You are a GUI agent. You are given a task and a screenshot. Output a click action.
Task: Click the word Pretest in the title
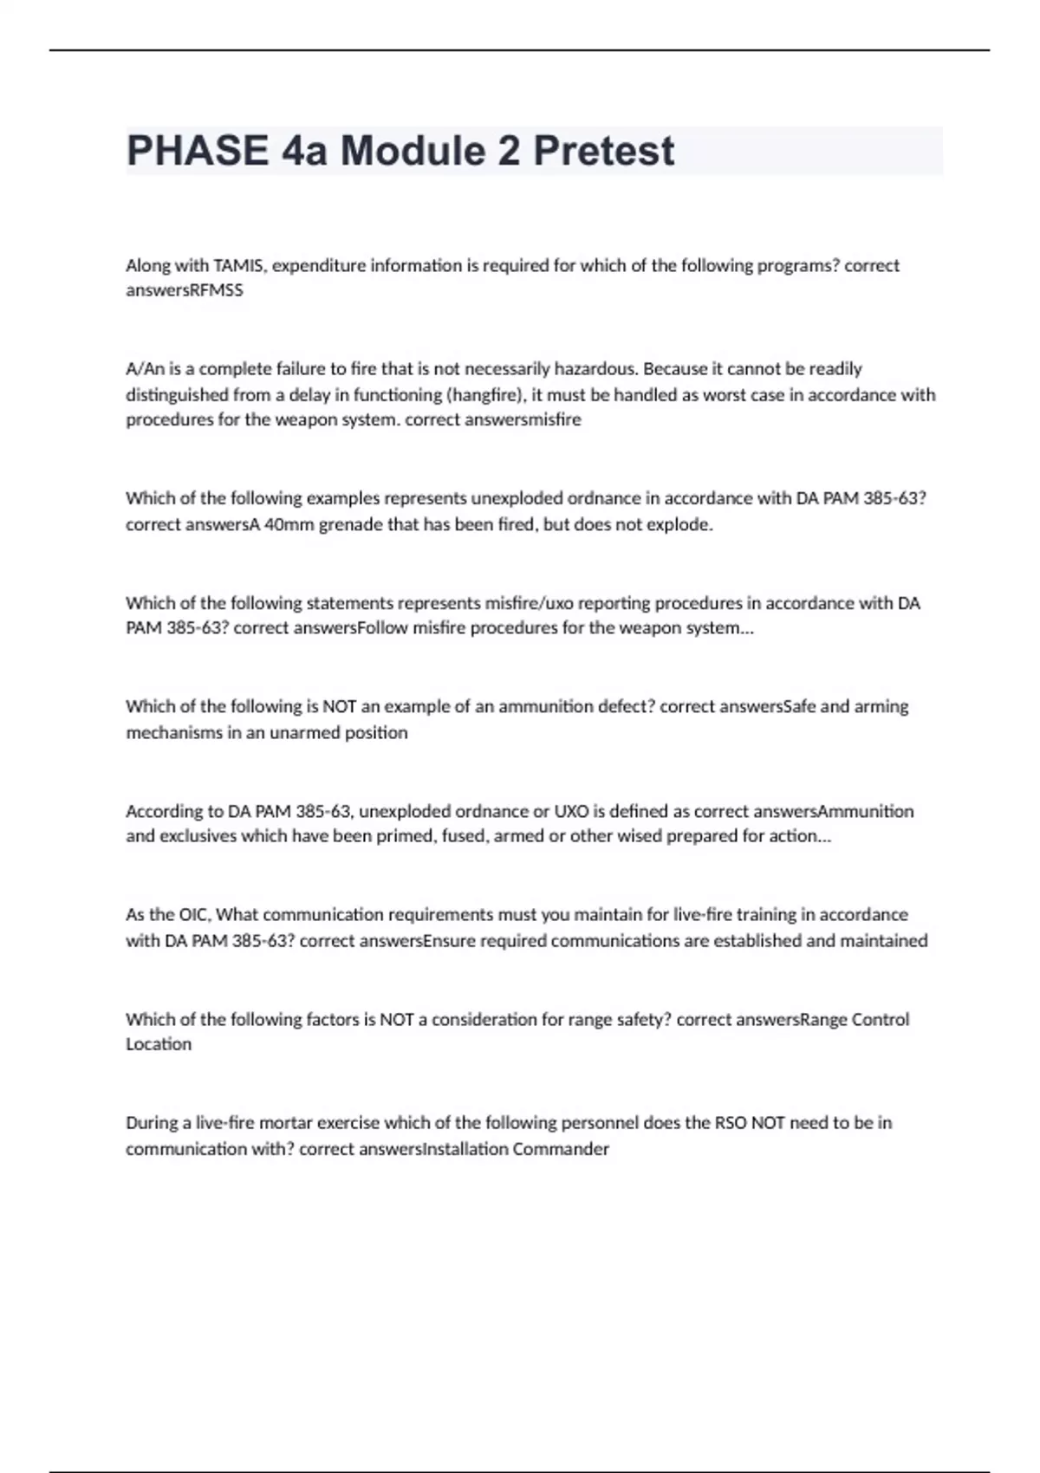[x=603, y=151]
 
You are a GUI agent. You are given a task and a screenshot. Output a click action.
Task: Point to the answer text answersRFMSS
[x=185, y=290]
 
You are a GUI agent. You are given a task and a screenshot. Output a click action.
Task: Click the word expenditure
[x=319, y=265]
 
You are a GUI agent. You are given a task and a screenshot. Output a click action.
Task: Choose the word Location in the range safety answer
[x=159, y=1044]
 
